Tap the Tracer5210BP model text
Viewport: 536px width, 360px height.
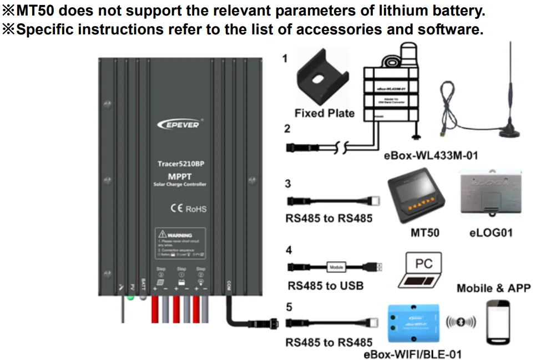pyautogui.click(x=179, y=164)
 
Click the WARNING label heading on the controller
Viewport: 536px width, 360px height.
pyautogui.click(x=178, y=236)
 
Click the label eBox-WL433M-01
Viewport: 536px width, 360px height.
pyautogui.click(x=431, y=156)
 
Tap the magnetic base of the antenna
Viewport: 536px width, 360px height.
pyautogui.click(x=509, y=132)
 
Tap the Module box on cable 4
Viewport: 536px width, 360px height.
pyautogui.click(x=336, y=267)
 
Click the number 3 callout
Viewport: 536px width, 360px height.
pyautogui.click(x=288, y=184)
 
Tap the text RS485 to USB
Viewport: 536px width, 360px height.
pyautogui.click(x=325, y=286)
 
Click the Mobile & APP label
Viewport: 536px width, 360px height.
pyautogui.click(x=493, y=288)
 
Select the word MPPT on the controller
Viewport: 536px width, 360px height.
pyautogui.click(x=179, y=176)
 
